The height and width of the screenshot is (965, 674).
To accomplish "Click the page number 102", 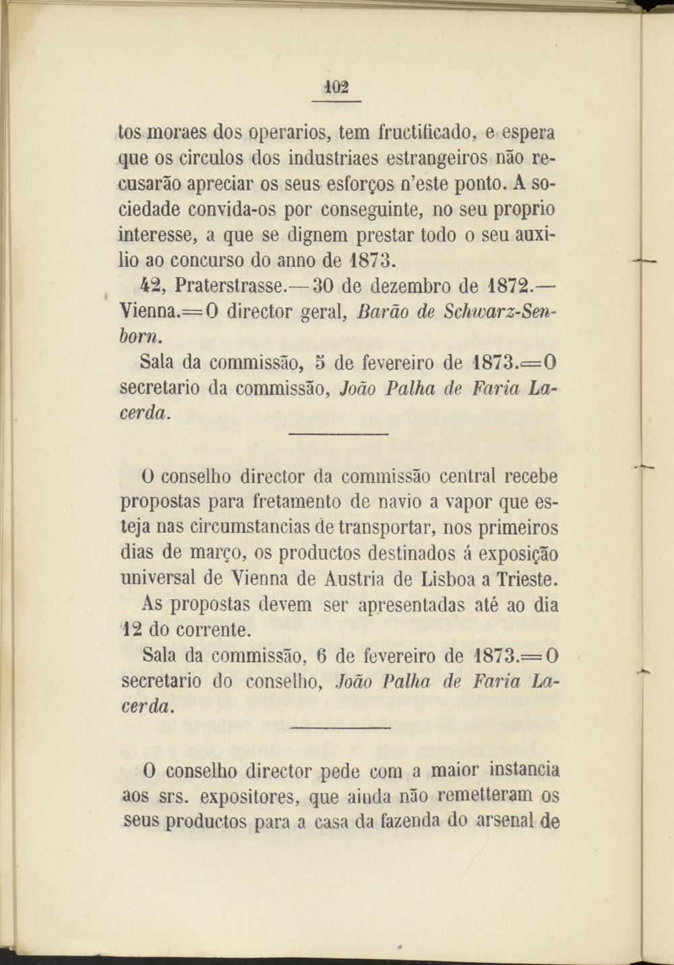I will [x=336, y=88].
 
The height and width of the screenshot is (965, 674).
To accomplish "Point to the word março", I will [x=216, y=553].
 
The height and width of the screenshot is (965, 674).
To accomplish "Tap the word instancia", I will [x=524, y=770].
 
